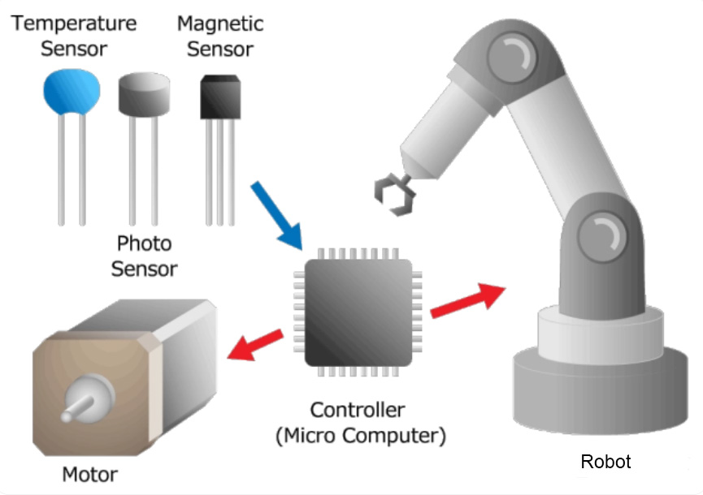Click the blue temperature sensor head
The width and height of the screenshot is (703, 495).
point(72,92)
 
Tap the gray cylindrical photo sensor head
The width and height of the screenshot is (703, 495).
point(144,94)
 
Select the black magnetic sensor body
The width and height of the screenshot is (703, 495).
point(220,97)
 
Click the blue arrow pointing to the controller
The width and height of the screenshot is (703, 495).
point(276,216)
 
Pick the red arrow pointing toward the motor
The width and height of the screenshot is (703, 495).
point(255,345)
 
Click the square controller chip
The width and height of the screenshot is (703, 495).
point(358,312)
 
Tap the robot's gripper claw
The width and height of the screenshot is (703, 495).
point(394,195)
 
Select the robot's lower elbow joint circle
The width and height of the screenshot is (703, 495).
point(602,236)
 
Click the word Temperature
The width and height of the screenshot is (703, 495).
point(74,24)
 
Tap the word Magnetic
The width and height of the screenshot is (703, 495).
point(220,24)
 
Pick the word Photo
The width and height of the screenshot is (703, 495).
point(145,243)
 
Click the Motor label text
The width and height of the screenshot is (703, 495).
point(89,475)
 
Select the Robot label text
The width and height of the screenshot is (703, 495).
point(605,462)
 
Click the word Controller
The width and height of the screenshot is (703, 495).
point(358,410)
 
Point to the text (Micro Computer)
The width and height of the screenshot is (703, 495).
point(361,436)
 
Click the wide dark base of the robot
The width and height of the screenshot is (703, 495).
point(601,390)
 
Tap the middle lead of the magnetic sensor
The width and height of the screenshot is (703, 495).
point(219,172)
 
